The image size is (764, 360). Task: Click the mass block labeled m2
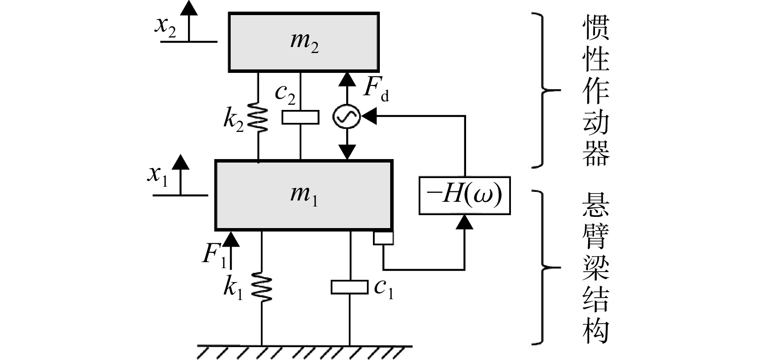tap(304, 42)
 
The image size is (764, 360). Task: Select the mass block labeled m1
tap(304, 195)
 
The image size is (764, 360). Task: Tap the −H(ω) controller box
tap(464, 195)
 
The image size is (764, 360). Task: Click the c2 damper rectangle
tap(301, 117)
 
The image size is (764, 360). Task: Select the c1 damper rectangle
tap(349, 287)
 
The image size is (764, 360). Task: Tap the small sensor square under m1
tap(383, 238)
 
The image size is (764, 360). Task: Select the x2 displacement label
tap(166, 27)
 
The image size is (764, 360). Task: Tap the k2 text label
tap(234, 118)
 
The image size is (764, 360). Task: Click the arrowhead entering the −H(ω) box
tap(464, 222)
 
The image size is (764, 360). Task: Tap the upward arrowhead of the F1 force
tap(231, 239)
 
